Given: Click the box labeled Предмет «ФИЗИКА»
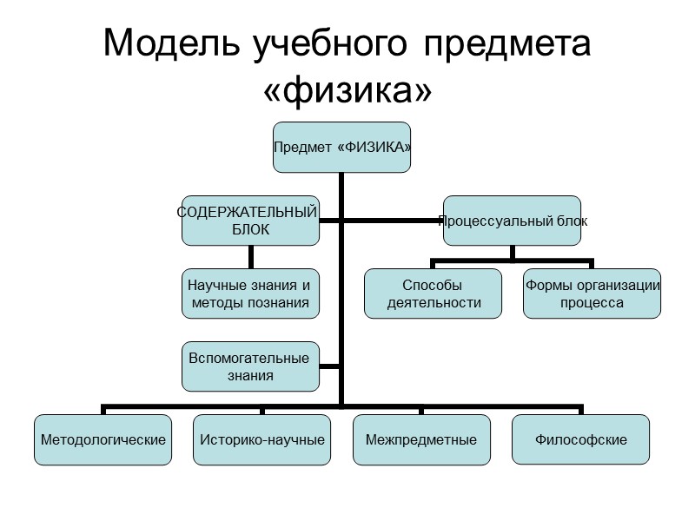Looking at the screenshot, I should tap(341, 147).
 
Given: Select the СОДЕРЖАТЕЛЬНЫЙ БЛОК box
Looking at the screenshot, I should tap(250, 221).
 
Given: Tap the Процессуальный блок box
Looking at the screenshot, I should tap(513, 221).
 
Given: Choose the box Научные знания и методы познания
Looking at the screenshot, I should tap(250, 294).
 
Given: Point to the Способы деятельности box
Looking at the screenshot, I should tap(433, 293).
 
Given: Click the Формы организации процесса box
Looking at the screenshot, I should tap(592, 293).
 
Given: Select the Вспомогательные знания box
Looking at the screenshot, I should tap(250, 367).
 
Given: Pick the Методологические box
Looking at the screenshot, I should tap(103, 439).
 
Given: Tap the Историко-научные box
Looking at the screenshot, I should tap(262, 439).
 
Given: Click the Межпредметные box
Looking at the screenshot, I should tap(421, 439).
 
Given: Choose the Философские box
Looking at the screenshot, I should tap(581, 439).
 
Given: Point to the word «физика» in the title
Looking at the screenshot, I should tap(347, 88).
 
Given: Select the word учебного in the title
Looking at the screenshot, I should tap(318, 44).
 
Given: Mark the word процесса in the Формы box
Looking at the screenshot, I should tap(592, 303).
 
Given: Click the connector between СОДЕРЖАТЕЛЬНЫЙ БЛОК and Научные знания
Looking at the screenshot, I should tap(250, 256).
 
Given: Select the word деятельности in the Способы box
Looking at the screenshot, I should tap(433, 303).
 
